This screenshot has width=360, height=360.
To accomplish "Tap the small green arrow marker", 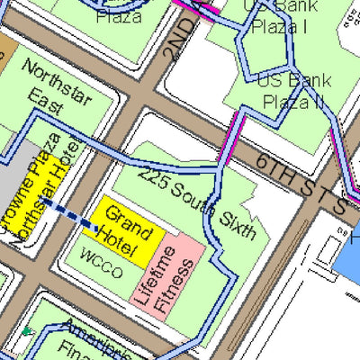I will click(27, 332).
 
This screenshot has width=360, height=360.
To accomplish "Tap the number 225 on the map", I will click(153, 178).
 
